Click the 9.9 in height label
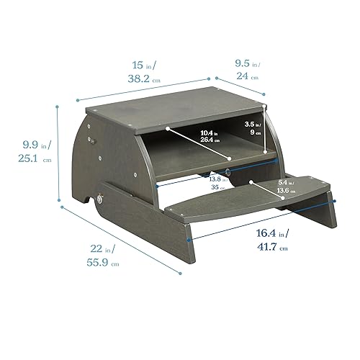pos(21,145)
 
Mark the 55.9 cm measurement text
pos(104,264)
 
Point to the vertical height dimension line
pos(57,151)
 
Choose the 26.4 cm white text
pos(210,140)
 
